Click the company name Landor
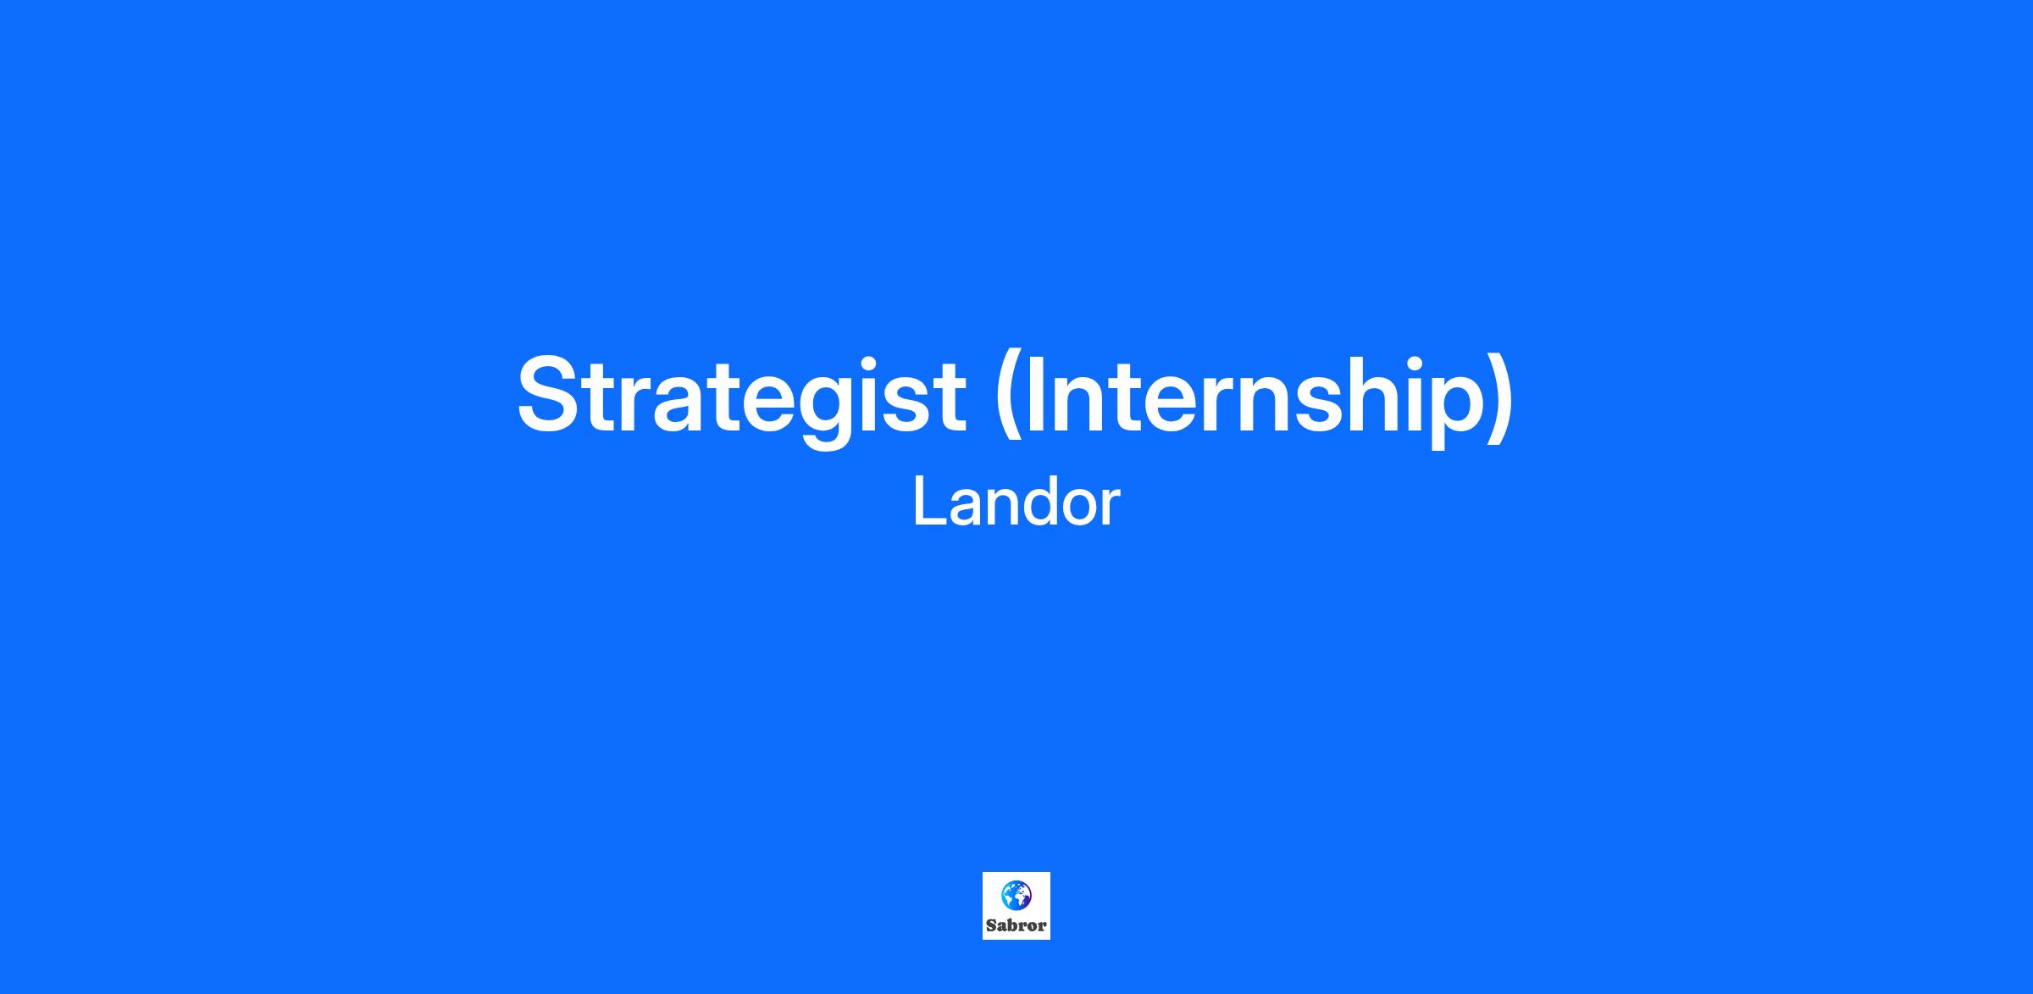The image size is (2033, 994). click(x=1016, y=503)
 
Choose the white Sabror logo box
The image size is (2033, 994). click(x=1016, y=906)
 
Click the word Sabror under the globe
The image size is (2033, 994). click(x=1016, y=925)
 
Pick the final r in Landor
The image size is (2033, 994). click(x=1111, y=508)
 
